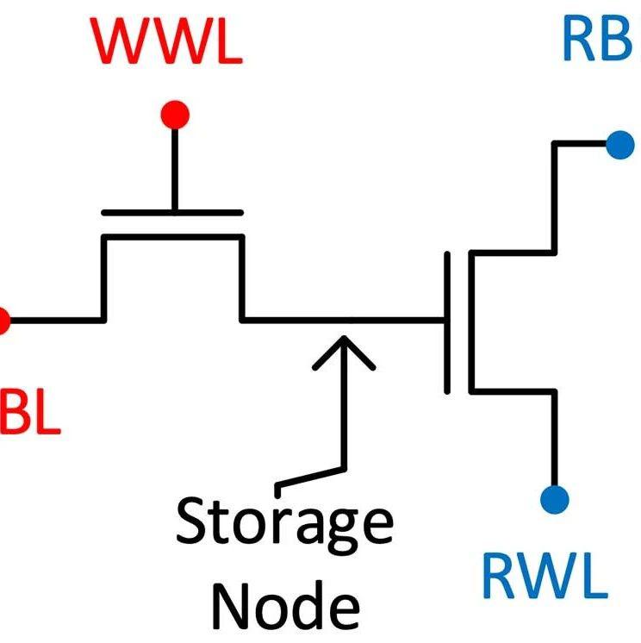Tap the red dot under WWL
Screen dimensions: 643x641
(175, 114)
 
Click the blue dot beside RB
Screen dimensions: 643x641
(619, 144)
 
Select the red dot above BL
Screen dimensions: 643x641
(3, 321)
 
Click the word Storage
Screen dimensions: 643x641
(284, 523)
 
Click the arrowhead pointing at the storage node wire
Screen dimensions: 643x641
(344, 349)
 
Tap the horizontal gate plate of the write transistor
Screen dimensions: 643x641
(172, 212)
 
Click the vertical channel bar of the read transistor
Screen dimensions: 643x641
(470, 321)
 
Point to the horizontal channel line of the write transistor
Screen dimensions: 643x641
(172, 236)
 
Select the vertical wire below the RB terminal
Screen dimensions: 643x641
(555, 198)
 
